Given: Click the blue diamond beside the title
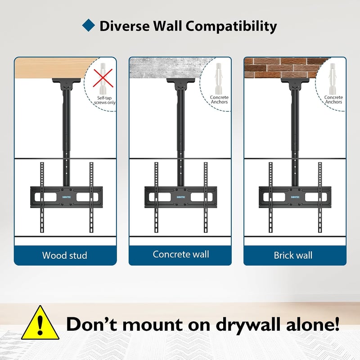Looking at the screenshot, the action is point(89,25).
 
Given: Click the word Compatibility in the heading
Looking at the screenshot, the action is point(231,27).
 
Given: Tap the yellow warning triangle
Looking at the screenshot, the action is point(40,323).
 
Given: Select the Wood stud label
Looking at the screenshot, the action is point(65,255).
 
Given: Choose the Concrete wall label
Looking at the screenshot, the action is point(181,254).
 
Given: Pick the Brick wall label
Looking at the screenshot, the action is point(293,255).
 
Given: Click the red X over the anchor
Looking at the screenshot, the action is point(103,78).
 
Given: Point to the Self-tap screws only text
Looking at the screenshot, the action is point(105,100).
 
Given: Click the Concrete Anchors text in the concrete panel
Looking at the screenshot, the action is point(219,99).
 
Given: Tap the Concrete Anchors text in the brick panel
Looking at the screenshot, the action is point(333,99).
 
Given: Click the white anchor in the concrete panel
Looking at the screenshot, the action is point(219,78).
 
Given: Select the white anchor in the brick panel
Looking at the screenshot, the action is point(333,78).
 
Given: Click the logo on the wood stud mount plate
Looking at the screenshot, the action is point(67,197).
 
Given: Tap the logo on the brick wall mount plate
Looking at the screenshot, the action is point(295,197).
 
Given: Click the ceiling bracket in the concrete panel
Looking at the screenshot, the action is point(181,84).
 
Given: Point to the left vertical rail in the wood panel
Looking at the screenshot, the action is point(42,197).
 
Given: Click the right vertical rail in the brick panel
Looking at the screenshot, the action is point(320,197).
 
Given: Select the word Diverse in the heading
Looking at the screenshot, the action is point(125,26).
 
